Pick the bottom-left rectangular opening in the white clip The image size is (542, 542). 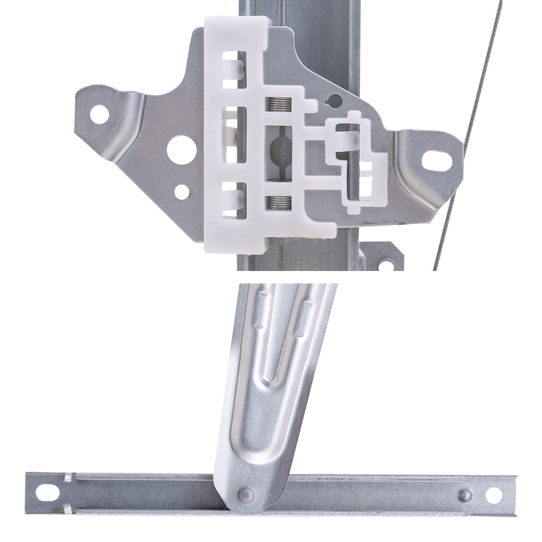[234, 196]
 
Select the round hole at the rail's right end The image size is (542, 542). [493, 494]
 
